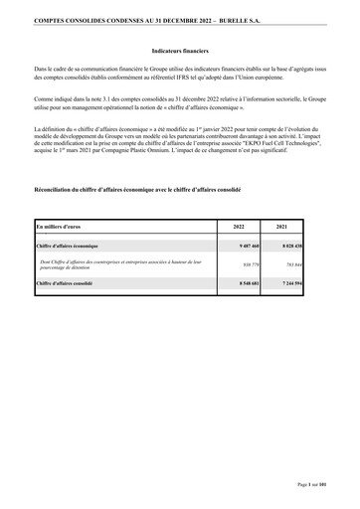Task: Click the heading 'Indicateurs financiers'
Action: [x=179, y=48]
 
